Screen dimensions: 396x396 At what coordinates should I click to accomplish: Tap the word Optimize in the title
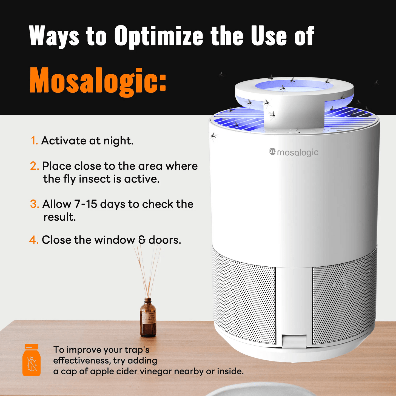click(159, 36)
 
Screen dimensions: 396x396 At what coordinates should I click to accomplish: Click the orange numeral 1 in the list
click(34, 141)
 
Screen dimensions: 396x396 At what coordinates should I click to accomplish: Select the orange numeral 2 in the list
click(34, 166)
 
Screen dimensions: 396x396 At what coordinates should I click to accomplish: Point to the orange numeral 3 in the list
click(34, 204)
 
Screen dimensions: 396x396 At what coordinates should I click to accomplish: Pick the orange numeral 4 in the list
click(33, 240)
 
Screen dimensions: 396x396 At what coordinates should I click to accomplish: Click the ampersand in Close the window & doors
click(142, 240)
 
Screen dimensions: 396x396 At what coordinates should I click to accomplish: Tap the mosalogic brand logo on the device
click(294, 152)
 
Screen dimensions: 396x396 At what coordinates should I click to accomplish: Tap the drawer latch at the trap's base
click(294, 341)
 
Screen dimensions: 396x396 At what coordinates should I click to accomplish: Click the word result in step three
click(59, 217)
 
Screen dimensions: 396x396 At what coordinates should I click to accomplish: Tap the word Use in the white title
click(269, 36)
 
